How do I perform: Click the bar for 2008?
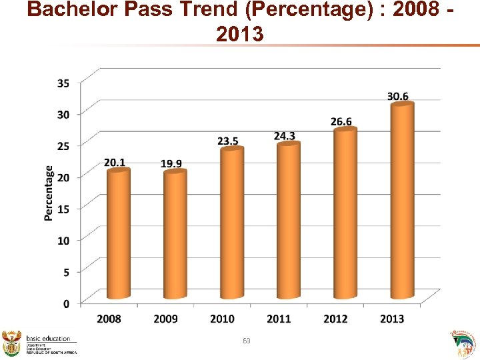pyautogui.click(x=119, y=233)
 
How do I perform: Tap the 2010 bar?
pyautogui.click(x=232, y=223)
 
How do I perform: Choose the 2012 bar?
pyautogui.click(x=345, y=213)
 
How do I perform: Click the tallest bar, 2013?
pyautogui.click(x=402, y=200)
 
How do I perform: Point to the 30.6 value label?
pyautogui.click(x=398, y=96)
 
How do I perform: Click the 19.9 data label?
pyautogui.click(x=171, y=163)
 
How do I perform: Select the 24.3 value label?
pyautogui.click(x=285, y=135)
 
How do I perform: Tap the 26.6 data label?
pyautogui.click(x=341, y=121)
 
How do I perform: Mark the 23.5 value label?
pyautogui.click(x=228, y=141)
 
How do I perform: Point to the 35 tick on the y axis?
pyautogui.click(x=63, y=83)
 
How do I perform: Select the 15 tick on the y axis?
pyautogui.click(x=63, y=208)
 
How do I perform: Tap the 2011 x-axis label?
pyautogui.click(x=279, y=319)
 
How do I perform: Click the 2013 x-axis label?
pyautogui.click(x=392, y=319)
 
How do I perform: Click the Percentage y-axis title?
pyautogui.click(x=49, y=193)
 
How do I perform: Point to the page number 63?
pyautogui.click(x=247, y=341)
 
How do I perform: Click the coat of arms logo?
pyautogui.click(x=12, y=343)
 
